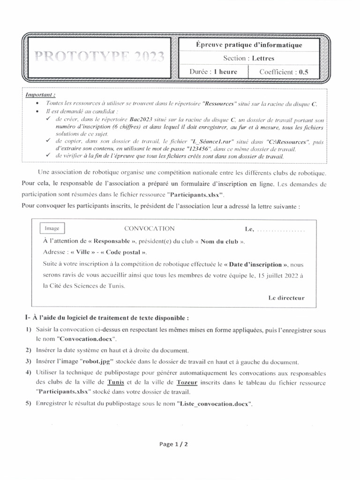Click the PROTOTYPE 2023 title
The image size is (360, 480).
coord(99,57)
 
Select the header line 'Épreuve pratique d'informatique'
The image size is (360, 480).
coord(248,45)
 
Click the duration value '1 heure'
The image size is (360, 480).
coord(225,72)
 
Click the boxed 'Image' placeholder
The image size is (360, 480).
coord(52,228)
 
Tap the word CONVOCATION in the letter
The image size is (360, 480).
coord(149,229)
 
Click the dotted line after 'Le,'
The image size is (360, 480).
coord(281,230)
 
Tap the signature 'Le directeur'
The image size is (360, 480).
coord(286,298)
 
